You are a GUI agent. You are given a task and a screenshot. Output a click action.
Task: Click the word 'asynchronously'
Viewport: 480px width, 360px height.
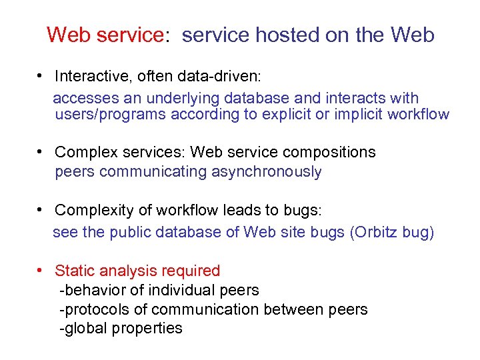[x=267, y=172]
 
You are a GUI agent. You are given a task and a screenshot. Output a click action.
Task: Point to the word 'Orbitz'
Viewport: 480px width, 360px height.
[x=378, y=233]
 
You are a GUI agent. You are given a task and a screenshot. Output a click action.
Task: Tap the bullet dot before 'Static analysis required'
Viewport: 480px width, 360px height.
[x=41, y=271]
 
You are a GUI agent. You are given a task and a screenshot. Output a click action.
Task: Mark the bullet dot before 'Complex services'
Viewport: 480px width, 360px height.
[x=41, y=152]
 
